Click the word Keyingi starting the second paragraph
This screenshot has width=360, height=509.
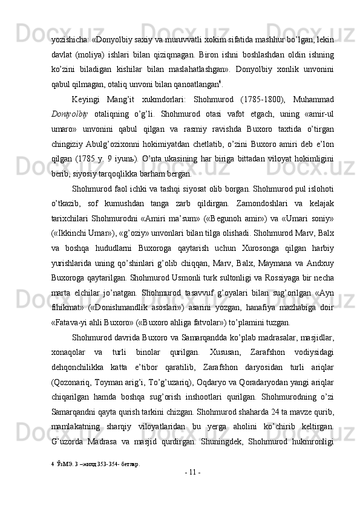click(x=88, y=99)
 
